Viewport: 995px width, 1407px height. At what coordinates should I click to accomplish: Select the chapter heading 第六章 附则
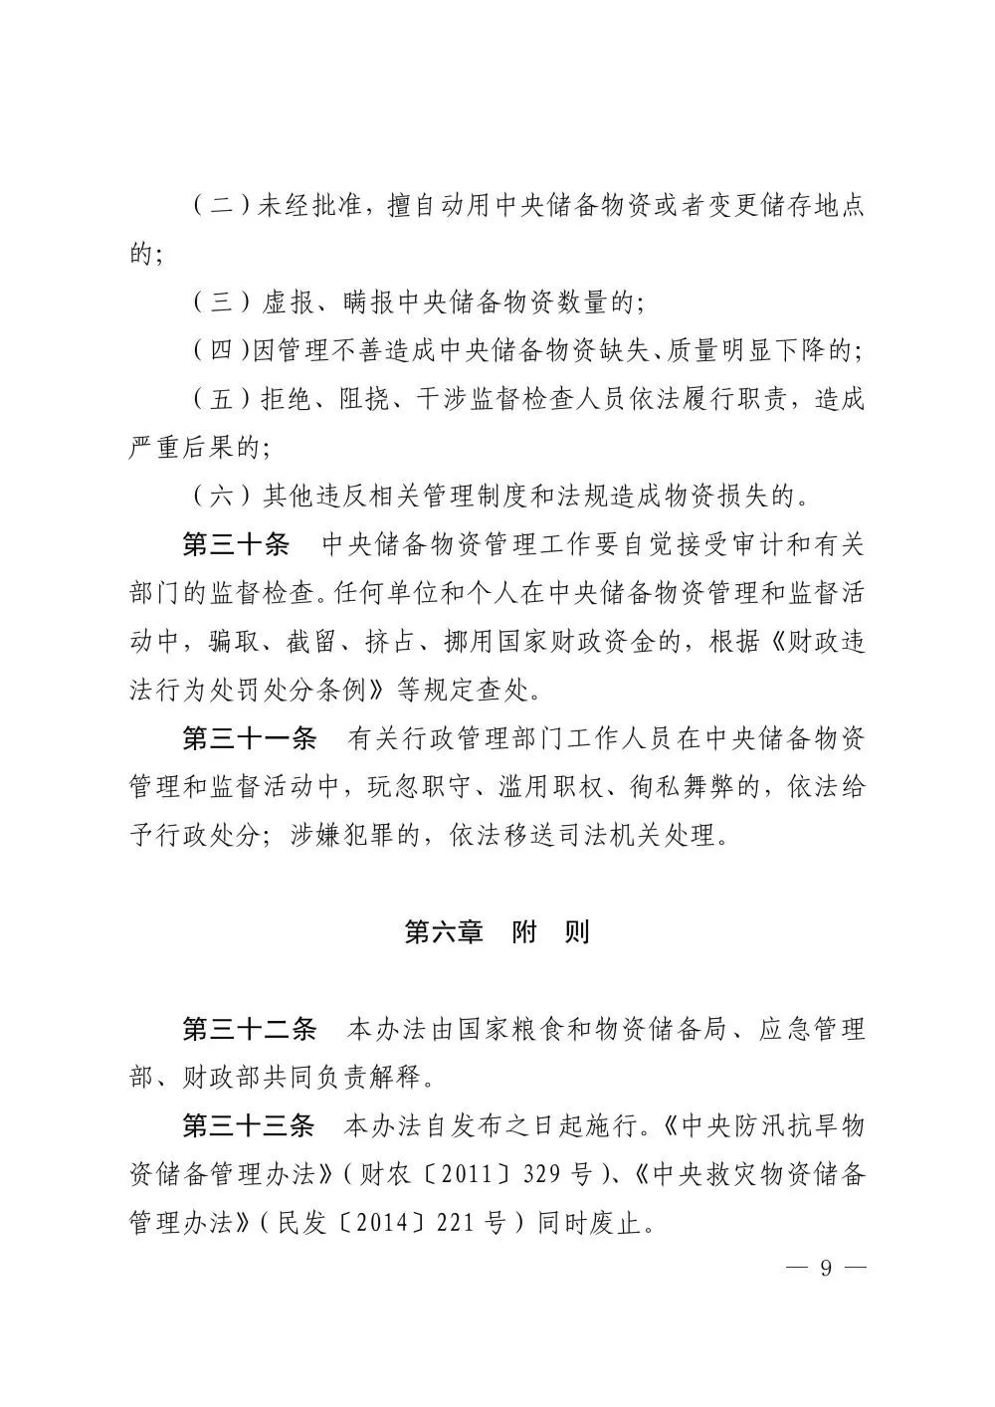click(497, 932)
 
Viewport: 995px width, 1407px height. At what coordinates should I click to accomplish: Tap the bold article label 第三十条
click(236, 544)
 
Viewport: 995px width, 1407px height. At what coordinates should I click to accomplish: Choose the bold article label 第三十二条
click(249, 1029)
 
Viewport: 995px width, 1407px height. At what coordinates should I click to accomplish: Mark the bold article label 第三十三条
click(249, 1125)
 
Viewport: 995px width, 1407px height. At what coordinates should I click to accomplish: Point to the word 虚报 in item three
click(288, 302)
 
